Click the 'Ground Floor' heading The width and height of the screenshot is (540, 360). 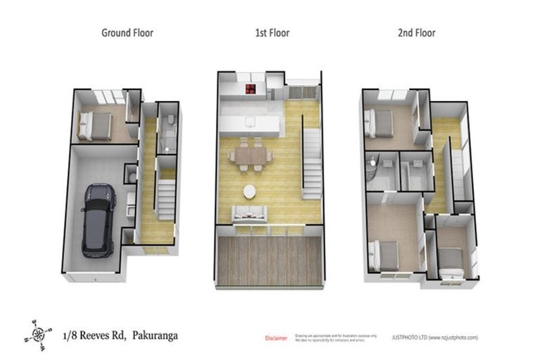pos(127,32)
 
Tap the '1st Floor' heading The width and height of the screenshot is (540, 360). pos(272,32)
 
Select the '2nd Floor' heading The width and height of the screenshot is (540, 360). pos(416,32)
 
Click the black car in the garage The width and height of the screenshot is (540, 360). pos(98,219)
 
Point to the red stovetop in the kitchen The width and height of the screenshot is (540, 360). pos(250,89)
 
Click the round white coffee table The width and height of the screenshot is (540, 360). pos(250,191)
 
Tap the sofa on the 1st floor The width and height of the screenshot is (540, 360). pos(249,213)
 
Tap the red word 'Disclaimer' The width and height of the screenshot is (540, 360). pos(276,338)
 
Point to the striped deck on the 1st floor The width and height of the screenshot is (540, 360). pos(269,260)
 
